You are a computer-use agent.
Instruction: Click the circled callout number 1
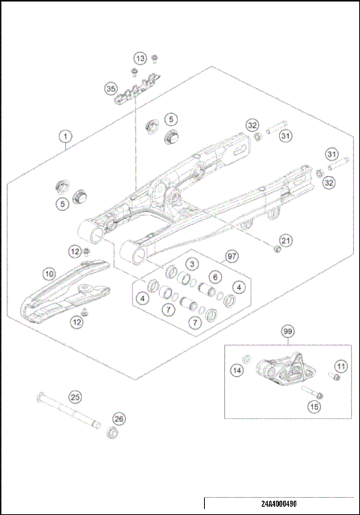click(66, 136)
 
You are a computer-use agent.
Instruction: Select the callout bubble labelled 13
click(140, 58)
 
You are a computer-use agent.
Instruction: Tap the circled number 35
click(112, 89)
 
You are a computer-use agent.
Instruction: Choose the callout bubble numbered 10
click(49, 275)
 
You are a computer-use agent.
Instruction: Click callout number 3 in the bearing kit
click(192, 265)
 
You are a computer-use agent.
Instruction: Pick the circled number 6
click(214, 277)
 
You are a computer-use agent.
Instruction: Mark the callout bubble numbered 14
click(237, 370)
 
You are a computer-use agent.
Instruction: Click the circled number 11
click(340, 366)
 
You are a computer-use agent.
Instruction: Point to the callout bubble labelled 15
click(314, 406)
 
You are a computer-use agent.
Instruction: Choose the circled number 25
click(75, 397)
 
